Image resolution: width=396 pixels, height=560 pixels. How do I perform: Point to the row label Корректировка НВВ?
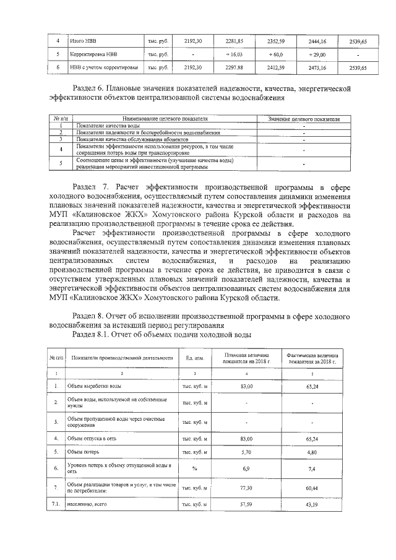point(92,54)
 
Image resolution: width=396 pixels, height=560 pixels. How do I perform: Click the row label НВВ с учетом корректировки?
point(101,68)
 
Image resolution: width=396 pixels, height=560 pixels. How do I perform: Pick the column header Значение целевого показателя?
point(304,118)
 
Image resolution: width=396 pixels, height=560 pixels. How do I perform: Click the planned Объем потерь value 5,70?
point(246,452)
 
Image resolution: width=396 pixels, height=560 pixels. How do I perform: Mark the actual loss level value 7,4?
point(312,468)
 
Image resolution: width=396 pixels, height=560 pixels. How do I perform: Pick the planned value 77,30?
point(246,488)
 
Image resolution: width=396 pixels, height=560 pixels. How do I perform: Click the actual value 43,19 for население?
point(312,506)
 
